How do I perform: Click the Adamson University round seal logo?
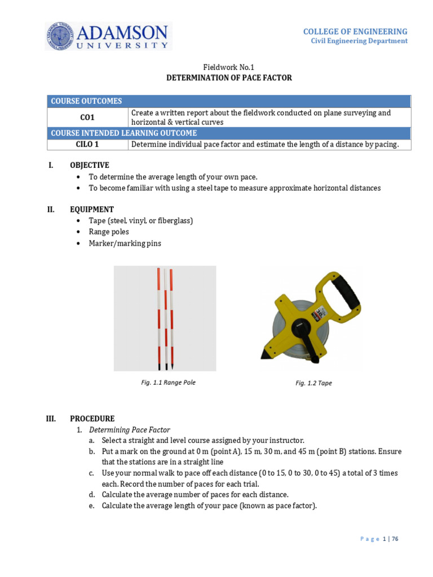click(x=61, y=36)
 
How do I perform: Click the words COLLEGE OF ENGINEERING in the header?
click(x=355, y=32)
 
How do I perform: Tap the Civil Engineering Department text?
click(x=359, y=41)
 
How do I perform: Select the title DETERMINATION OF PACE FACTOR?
click(x=229, y=78)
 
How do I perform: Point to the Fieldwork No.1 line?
click(x=229, y=66)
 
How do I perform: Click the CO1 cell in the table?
click(x=87, y=118)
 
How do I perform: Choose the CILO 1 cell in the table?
click(x=87, y=145)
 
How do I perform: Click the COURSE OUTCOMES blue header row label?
click(x=86, y=101)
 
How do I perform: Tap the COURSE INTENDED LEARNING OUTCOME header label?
click(x=124, y=134)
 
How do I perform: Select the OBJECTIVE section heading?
click(x=90, y=165)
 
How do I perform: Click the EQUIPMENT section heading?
click(x=91, y=209)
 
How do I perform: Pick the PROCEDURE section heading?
click(x=92, y=419)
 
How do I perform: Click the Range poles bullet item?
click(x=109, y=232)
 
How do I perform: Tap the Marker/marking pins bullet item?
click(x=125, y=243)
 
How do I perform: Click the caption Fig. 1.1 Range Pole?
click(x=168, y=382)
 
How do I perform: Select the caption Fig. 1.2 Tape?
click(x=313, y=383)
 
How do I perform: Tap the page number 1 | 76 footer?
click(x=390, y=539)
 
